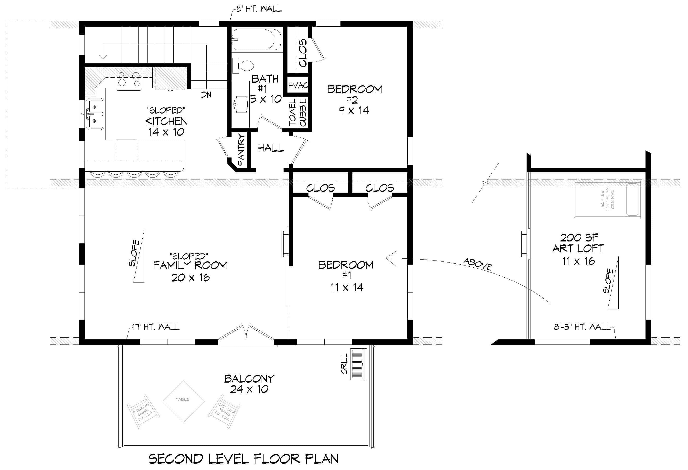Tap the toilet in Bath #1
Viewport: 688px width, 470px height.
point(243,66)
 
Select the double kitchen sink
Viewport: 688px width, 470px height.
point(95,114)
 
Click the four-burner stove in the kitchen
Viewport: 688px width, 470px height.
point(128,78)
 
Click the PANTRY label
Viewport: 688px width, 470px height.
point(242,149)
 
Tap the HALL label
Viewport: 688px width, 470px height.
point(271,148)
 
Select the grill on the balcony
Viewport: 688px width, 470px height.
point(359,364)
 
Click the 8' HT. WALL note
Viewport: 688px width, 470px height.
point(259,9)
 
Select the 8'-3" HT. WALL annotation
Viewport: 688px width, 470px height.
point(582,327)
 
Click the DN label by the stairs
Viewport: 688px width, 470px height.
point(206,95)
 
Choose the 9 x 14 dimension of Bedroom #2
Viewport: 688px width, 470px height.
point(354,111)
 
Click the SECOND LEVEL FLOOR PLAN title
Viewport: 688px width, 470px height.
point(243,459)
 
